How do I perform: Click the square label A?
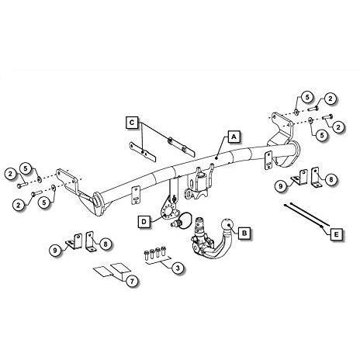click(x=234, y=137)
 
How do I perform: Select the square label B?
click(x=244, y=233)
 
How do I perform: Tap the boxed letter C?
click(x=132, y=123)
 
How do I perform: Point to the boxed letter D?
click(x=144, y=222)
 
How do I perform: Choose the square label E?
click(x=336, y=234)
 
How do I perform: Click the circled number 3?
click(x=178, y=268)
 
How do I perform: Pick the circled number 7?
click(x=132, y=281)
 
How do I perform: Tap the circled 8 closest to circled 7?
click(x=106, y=244)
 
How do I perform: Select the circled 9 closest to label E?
click(x=281, y=185)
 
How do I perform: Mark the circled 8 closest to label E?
click(x=331, y=179)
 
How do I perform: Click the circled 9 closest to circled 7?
click(x=55, y=250)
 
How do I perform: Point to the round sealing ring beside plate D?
click(x=185, y=221)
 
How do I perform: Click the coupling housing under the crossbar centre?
click(x=199, y=183)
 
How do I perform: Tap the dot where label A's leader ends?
click(x=216, y=157)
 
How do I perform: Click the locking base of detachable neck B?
click(x=202, y=243)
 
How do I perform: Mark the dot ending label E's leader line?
click(x=321, y=227)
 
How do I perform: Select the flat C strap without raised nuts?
click(x=143, y=152)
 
